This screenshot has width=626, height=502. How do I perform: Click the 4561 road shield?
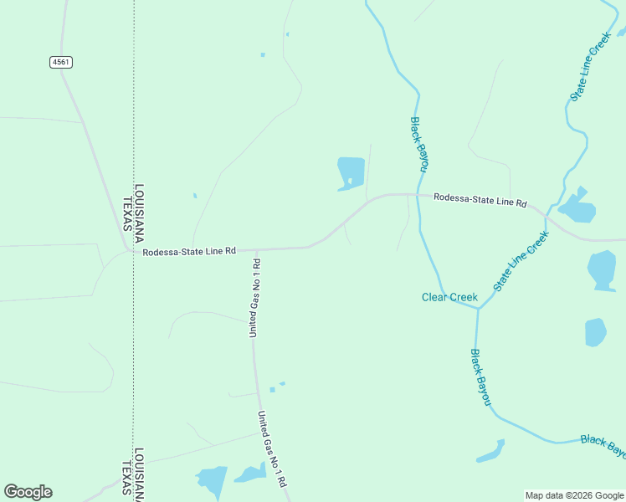[x=60, y=62]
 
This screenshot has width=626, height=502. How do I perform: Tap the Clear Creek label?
[x=449, y=297]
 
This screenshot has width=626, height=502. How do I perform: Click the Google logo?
[x=28, y=492]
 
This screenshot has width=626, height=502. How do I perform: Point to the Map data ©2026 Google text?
[x=574, y=495]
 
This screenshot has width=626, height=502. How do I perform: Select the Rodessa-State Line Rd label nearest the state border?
[x=189, y=251]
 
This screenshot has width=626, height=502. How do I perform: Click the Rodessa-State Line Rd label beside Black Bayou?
[x=480, y=202]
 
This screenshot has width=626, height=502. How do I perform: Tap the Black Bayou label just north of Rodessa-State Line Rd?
[x=418, y=144]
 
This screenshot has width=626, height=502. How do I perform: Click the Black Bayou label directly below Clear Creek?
[x=480, y=378]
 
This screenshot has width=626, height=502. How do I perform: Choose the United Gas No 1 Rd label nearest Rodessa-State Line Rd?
[x=254, y=299]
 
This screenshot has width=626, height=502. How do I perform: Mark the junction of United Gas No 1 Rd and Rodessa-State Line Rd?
[x=254, y=249]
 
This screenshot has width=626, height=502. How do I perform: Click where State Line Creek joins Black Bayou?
[x=478, y=309]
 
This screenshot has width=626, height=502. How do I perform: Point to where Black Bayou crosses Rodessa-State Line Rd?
[x=418, y=195]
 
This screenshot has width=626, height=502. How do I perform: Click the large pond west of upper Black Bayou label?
[x=351, y=172]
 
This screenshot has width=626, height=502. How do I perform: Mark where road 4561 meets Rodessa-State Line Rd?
[x=126, y=249]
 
